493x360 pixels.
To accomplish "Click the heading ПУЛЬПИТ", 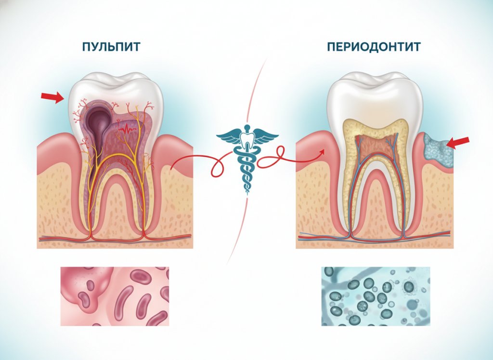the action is pos(111,47).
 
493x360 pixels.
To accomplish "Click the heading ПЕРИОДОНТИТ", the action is pos(374,47).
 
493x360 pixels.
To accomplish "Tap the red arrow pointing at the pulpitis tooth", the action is pos(52,97).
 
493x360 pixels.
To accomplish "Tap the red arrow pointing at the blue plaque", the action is pos(458,143).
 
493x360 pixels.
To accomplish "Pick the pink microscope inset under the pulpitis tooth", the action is pos(115,296).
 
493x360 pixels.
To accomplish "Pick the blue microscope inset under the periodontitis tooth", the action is pos(376,296).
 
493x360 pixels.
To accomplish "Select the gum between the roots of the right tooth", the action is pos(376,201).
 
